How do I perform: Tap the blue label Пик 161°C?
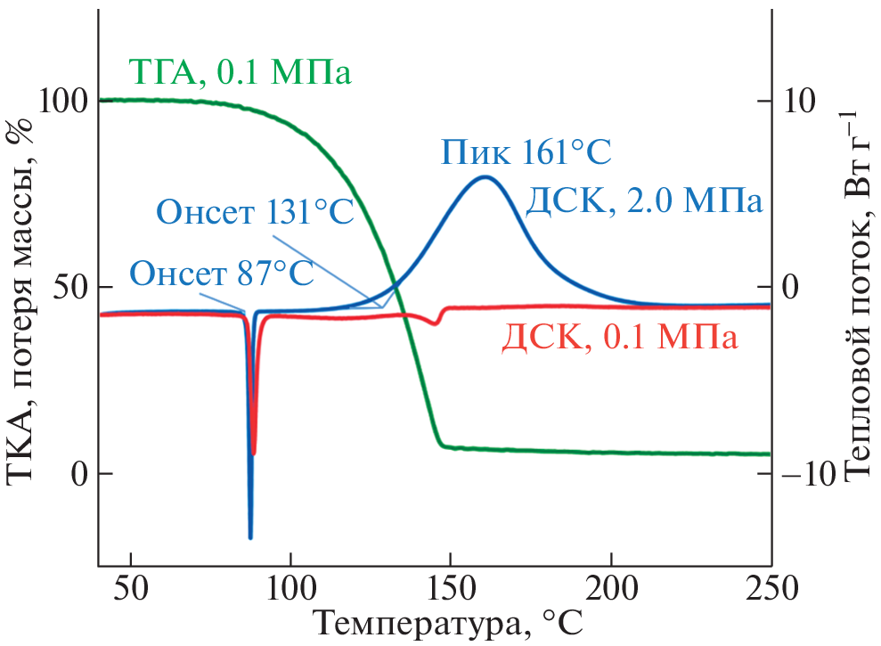click(526, 153)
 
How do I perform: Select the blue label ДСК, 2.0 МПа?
click(644, 202)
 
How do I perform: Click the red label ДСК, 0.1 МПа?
click(620, 339)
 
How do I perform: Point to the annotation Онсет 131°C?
click(256, 213)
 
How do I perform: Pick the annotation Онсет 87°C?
click(222, 273)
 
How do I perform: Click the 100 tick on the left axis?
click(67, 101)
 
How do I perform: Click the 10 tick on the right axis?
click(799, 101)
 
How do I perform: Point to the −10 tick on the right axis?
click(810, 473)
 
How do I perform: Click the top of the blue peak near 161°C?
click(485, 176)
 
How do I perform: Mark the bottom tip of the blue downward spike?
click(250, 537)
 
